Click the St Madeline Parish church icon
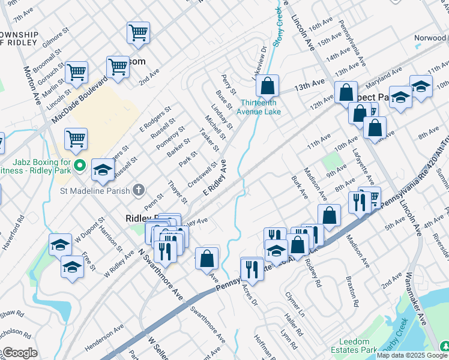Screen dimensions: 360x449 coord(139,190)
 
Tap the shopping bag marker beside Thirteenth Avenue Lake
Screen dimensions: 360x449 coord(267,86)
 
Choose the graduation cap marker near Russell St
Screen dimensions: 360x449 coord(103,170)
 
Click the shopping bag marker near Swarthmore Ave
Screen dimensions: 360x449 coord(206,258)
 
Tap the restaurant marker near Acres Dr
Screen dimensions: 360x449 coord(252,268)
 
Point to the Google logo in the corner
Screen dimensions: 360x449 coord(20,353)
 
